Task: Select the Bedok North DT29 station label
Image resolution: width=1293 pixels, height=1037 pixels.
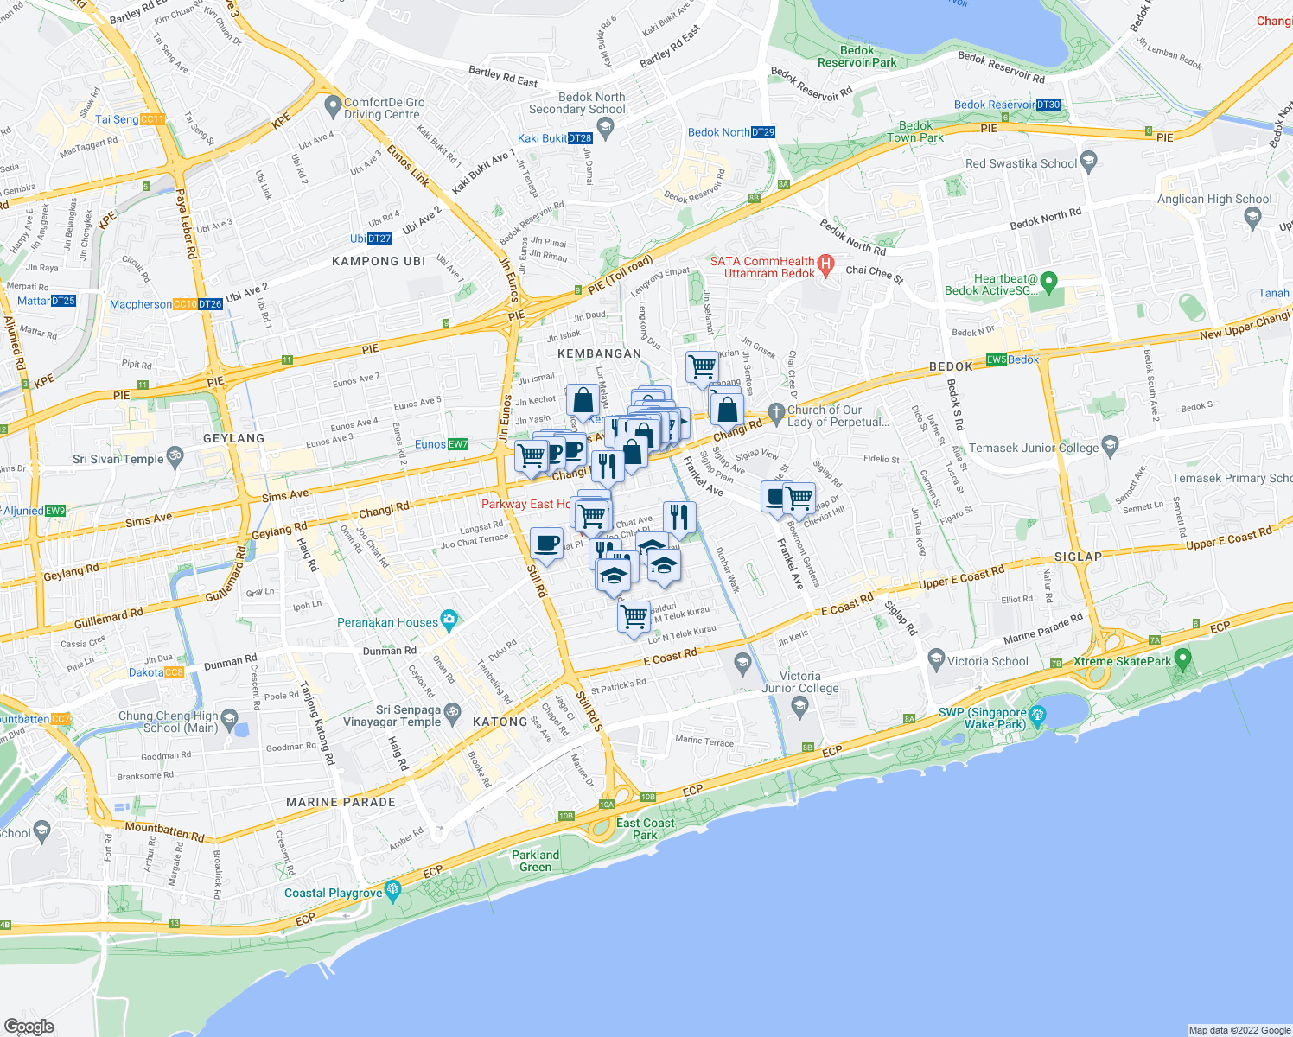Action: tap(731, 132)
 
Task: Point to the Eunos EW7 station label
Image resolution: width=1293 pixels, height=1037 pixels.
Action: tap(441, 444)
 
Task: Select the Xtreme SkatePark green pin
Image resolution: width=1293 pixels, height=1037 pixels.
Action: tap(1183, 660)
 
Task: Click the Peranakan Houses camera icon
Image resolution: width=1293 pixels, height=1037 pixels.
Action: tap(449, 620)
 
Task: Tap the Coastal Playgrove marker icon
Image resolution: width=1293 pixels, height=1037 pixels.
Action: tap(393, 890)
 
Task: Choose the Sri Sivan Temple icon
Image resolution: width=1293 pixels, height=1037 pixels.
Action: tap(175, 457)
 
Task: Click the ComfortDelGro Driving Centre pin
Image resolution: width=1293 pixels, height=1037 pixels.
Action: tap(333, 107)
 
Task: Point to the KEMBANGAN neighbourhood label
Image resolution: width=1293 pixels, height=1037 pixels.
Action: tap(599, 353)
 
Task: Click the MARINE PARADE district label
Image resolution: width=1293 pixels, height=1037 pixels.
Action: tap(341, 802)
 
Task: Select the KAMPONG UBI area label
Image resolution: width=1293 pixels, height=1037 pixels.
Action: tap(379, 261)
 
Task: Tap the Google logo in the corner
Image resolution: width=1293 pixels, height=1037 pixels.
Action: tap(29, 1027)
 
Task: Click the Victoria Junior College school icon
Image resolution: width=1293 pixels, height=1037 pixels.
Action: tap(799, 707)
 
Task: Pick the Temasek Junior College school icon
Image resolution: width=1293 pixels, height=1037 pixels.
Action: tap(1111, 446)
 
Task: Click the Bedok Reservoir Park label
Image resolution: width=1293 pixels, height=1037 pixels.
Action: tap(857, 56)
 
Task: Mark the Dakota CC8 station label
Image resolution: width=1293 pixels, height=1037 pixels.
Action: tap(156, 672)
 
